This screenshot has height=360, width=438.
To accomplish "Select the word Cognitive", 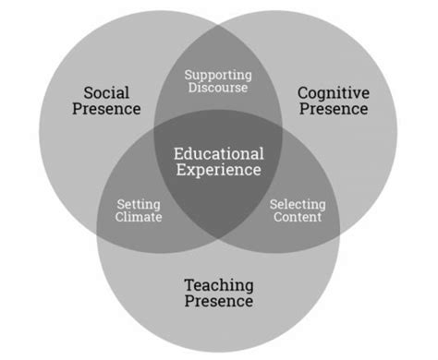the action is point(333,91).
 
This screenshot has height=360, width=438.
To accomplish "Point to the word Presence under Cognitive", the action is point(333,110).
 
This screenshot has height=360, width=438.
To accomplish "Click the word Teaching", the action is point(218,284).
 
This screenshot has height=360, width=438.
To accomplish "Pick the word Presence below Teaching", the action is point(218,302).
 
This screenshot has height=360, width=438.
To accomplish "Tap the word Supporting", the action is point(218,75).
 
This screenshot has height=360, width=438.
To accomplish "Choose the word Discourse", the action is point(218,90).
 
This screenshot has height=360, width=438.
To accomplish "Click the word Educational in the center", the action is point(219,153).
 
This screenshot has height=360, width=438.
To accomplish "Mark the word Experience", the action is point(219,171).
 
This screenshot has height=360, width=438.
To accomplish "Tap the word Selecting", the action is point(297,204).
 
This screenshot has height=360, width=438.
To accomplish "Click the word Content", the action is point(297,218).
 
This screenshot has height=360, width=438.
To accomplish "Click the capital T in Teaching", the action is point(189,284).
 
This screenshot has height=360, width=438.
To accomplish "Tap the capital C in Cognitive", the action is point(302,91).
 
